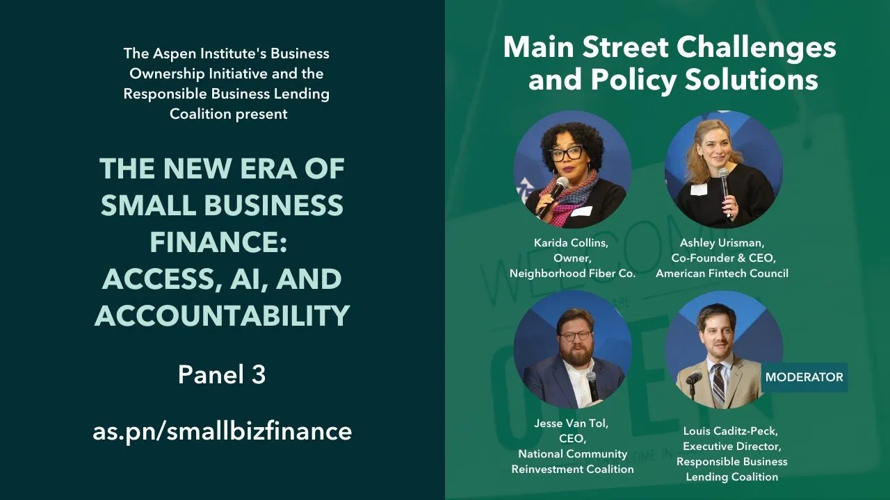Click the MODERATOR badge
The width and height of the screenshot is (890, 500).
pyautogui.click(x=804, y=377)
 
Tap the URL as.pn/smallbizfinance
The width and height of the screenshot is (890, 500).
pyautogui.click(x=222, y=431)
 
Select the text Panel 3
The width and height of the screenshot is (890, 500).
pyautogui.click(x=222, y=375)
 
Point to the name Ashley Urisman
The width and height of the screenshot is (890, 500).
pyautogui.click(x=722, y=243)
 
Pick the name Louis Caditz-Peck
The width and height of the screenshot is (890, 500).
pyautogui.click(x=731, y=431)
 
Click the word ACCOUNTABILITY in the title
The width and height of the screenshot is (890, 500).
pyautogui.click(x=222, y=316)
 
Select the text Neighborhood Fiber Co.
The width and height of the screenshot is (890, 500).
pyautogui.click(x=572, y=274)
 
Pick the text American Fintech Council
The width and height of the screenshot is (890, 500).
pyautogui.click(x=722, y=274)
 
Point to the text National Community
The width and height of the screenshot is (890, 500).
pyautogui.click(x=572, y=454)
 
